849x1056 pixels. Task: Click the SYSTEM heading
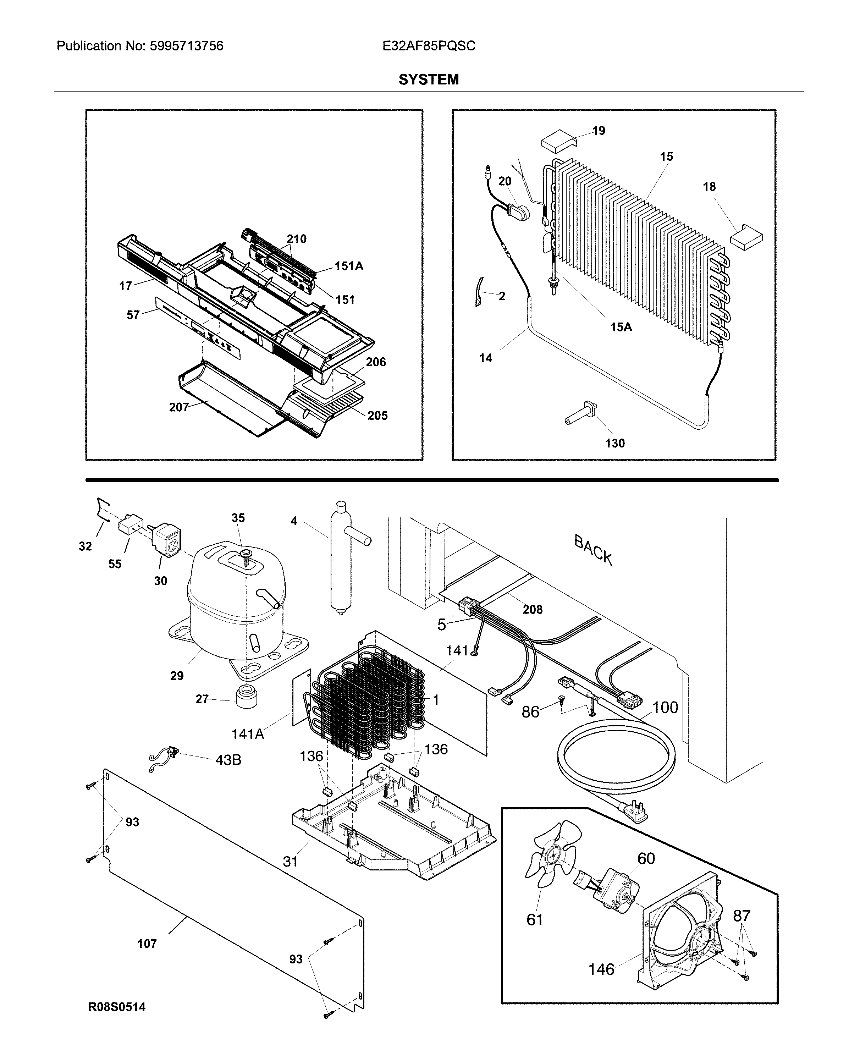point(429,79)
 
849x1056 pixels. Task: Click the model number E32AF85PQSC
point(429,46)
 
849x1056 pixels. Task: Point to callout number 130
point(614,443)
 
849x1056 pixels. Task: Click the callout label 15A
point(621,327)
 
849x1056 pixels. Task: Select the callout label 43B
point(228,760)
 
